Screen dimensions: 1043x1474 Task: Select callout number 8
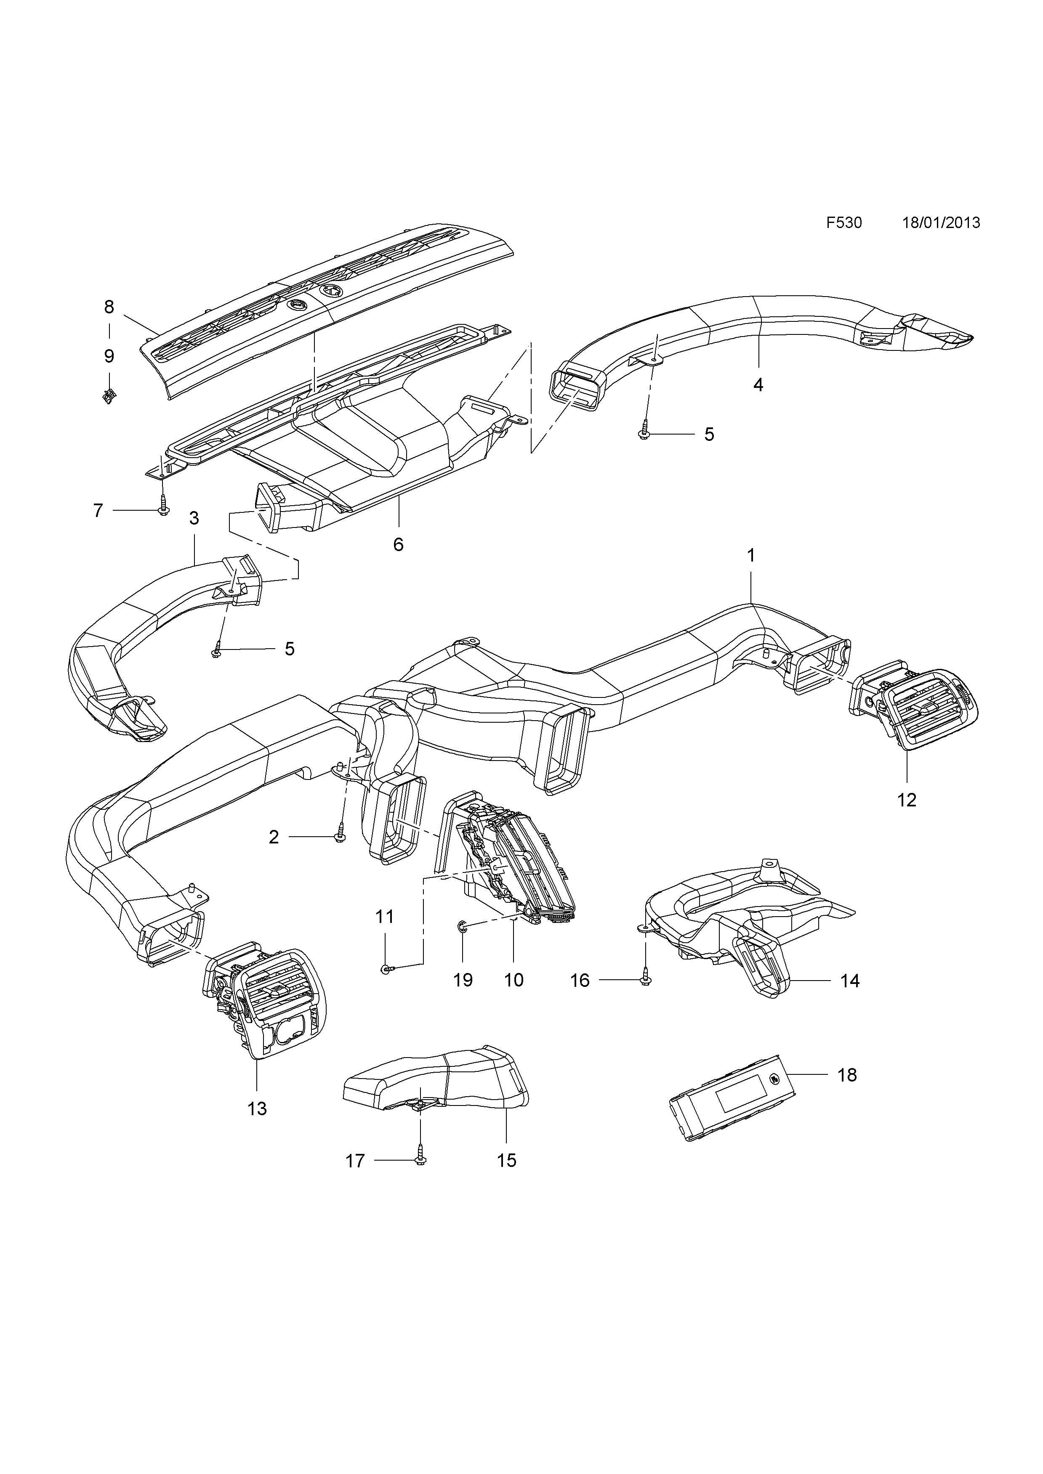tap(109, 308)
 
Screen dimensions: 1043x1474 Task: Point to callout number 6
tap(398, 544)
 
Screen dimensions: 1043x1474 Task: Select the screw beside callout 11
tap(386, 987)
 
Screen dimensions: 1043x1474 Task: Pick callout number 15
tap(507, 1160)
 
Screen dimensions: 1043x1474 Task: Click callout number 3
tap(194, 518)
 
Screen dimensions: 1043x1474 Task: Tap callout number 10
tap(514, 980)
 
